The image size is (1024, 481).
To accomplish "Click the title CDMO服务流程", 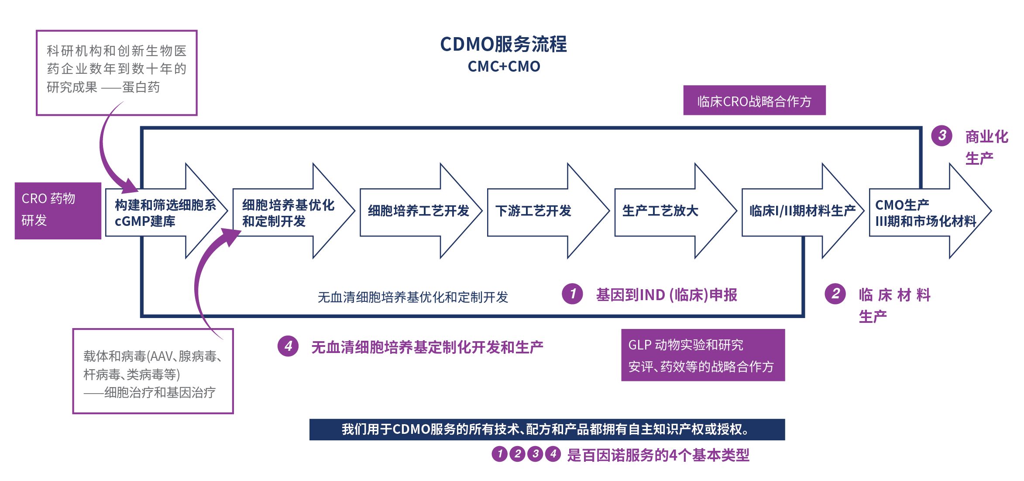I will (x=503, y=44).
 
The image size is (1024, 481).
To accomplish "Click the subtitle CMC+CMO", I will (x=504, y=66).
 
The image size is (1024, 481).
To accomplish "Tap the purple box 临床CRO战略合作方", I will (x=754, y=101).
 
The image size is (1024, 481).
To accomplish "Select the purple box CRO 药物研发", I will (x=58, y=210).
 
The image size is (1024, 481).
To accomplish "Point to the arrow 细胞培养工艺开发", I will (x=418, y=211).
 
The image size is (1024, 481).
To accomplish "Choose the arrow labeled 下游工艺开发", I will (x=533, y=211).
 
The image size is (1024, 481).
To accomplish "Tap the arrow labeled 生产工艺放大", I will (x=660, y=211).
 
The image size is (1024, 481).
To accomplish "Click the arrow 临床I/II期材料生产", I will (x=802, y=211).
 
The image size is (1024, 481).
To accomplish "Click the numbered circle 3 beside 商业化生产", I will (x=942, y=135).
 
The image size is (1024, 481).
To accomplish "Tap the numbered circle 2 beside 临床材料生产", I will (x=835, y=294).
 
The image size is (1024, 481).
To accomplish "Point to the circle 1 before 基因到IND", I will (x=572, y=294).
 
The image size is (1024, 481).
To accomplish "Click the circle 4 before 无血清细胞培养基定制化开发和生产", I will (x=288, y=346).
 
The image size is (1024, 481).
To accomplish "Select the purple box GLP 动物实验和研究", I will (x=702, y=355).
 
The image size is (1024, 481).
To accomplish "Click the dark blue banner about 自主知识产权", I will (x=546, y=429).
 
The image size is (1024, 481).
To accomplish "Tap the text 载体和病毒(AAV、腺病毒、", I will (x=152, y=356).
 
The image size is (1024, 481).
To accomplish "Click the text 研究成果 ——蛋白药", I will (x=103, y=87).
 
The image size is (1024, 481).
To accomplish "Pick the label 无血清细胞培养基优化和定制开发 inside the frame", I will (x=412, y=297).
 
